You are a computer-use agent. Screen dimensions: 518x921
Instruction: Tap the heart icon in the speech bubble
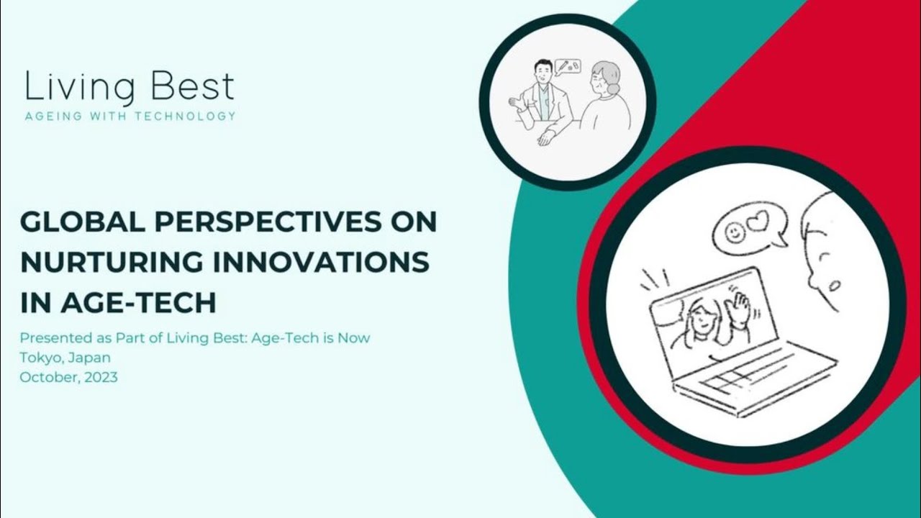(758, 222)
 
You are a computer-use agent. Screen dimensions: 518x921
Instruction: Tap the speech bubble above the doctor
(568, 67)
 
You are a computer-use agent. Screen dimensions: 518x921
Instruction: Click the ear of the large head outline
(832, 286)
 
